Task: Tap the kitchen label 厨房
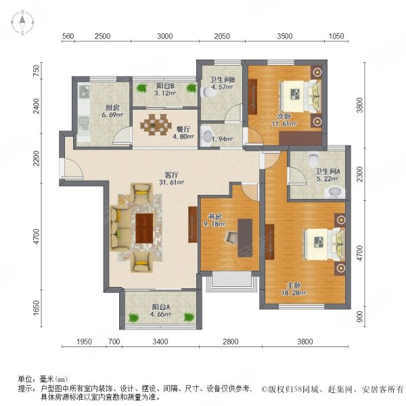95,106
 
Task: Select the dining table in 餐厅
157,125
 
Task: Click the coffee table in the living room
145,227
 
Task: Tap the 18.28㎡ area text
294,293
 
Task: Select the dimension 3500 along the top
285,36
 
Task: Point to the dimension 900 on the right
359,316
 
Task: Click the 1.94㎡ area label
219,139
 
